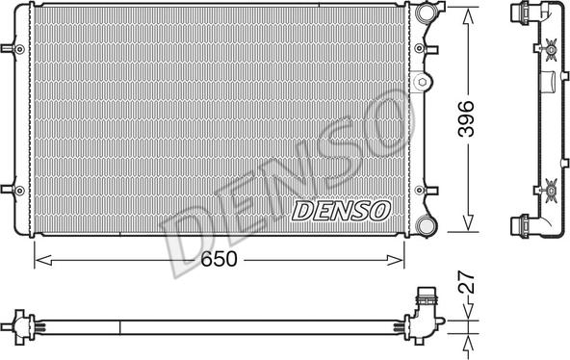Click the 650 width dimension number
click(220, 259)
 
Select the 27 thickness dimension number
click(464, 283)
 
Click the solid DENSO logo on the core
click(340, 209)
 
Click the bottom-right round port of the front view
click(427, 225)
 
